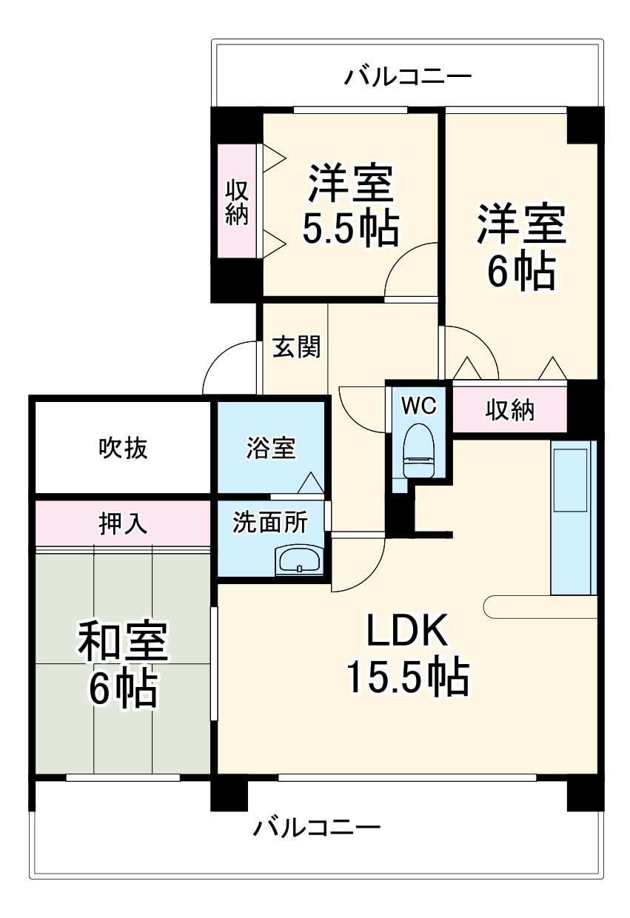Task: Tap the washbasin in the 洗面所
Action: (299, 560)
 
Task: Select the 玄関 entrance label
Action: (296, 346)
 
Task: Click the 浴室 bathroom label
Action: (270, 448)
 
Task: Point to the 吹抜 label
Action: (123, 448)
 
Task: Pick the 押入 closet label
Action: (123, 523)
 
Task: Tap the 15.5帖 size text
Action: (407, 676)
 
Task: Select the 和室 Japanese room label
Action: (124, 641)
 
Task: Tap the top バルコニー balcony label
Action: (407, 76)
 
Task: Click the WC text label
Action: (419, 405)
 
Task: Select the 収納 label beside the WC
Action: (510, 409)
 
